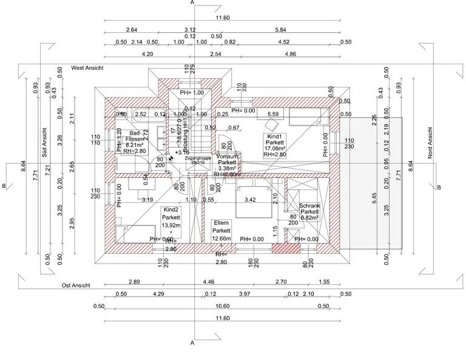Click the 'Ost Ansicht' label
(76, 285)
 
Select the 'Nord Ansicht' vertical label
(430, 143)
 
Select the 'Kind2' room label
(171, 209)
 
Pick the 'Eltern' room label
(221, 223)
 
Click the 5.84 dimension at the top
(280, 30)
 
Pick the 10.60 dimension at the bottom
(223, 306)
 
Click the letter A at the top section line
(192, 3)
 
